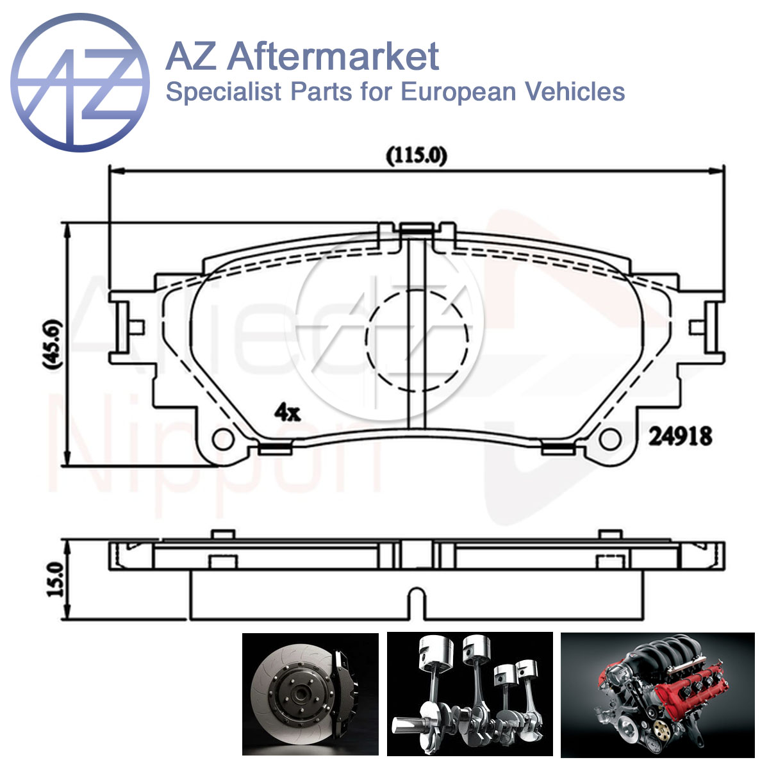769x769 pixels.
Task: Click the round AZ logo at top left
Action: tap(80, 83)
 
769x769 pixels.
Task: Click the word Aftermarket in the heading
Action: tap(333, 56)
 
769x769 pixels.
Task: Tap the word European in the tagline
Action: tap(458, 92)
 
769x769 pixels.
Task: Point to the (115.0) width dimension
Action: tap(417, 156)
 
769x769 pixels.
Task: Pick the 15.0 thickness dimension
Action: tap(56, 580)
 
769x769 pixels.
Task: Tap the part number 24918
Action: tap(681, 436)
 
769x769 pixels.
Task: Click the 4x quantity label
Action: tap(287, 412)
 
